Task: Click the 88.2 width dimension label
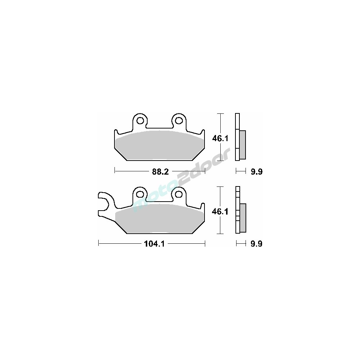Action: [x=160, y=171]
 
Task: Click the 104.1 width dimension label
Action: [x=154, y=244]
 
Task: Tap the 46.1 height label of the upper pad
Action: [x=220, y=139]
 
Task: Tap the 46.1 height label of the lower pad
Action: [x=220, y=212]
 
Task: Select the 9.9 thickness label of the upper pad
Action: [x=256, y=171]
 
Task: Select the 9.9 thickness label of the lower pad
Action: [x=256, y=244]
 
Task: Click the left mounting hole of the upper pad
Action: [x=140, y=121]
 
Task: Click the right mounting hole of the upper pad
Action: [x=179, y=121]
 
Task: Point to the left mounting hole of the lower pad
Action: [x=140, y=194]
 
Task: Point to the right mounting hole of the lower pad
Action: [x=179, y=194]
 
